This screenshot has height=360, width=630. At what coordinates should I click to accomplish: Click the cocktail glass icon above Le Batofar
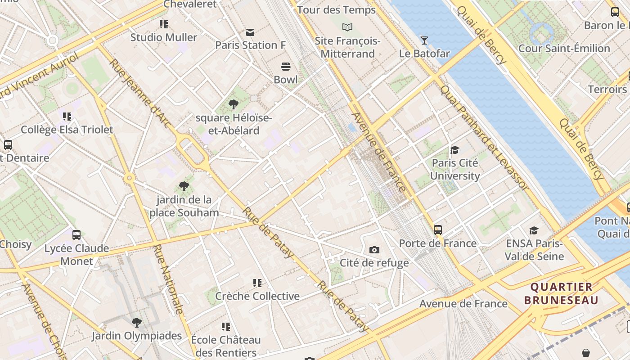click(424, 40)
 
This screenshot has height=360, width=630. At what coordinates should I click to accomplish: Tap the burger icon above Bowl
click(286, 67)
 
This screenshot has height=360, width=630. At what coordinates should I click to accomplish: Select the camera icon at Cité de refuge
click(374, 250)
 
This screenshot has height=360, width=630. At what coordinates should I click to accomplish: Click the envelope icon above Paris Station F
click(250, 32)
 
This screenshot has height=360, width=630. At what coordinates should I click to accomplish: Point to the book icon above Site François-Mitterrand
click(347, 27)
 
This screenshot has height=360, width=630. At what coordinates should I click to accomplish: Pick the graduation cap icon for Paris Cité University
click(455, 150)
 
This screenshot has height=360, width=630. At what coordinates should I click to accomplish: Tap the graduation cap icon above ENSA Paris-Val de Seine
click(534, 230)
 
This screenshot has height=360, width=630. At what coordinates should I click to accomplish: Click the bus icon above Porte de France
click(437, 230)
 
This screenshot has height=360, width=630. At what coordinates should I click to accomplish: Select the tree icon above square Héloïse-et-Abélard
click(233, 105)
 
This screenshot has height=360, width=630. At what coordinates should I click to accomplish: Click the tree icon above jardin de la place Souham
click(184, 186)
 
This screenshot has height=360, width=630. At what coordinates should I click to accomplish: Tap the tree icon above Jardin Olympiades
click(136, 323)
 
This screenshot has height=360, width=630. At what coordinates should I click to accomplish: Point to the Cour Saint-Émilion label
click(564, 48)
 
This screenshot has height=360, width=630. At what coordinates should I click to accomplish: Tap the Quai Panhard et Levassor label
click(484, 137)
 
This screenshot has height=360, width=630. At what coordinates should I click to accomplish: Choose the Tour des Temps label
click(336, 10)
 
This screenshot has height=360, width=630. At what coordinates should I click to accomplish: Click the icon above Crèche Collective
click(257, 283)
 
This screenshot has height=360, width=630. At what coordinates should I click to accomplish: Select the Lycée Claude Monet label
click(76, 255)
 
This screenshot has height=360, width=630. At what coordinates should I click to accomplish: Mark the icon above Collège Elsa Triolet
click(67, 117)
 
